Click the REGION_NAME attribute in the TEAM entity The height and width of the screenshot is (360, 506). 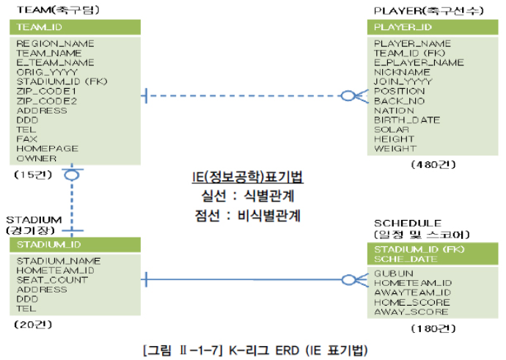coord(55,44)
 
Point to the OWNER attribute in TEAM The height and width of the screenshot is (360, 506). coord(37,158)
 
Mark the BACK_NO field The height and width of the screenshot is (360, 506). coord(399,101)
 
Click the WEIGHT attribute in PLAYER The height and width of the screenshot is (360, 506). coord(395,149)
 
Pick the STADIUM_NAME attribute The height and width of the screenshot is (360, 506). coord(59,261)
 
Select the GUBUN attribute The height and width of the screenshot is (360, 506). coord(391,273)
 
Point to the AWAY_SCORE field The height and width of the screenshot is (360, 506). coord(411,312)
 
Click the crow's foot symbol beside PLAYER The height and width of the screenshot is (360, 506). coord(350,95)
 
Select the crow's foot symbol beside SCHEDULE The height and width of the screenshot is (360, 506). coord(350,279)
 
